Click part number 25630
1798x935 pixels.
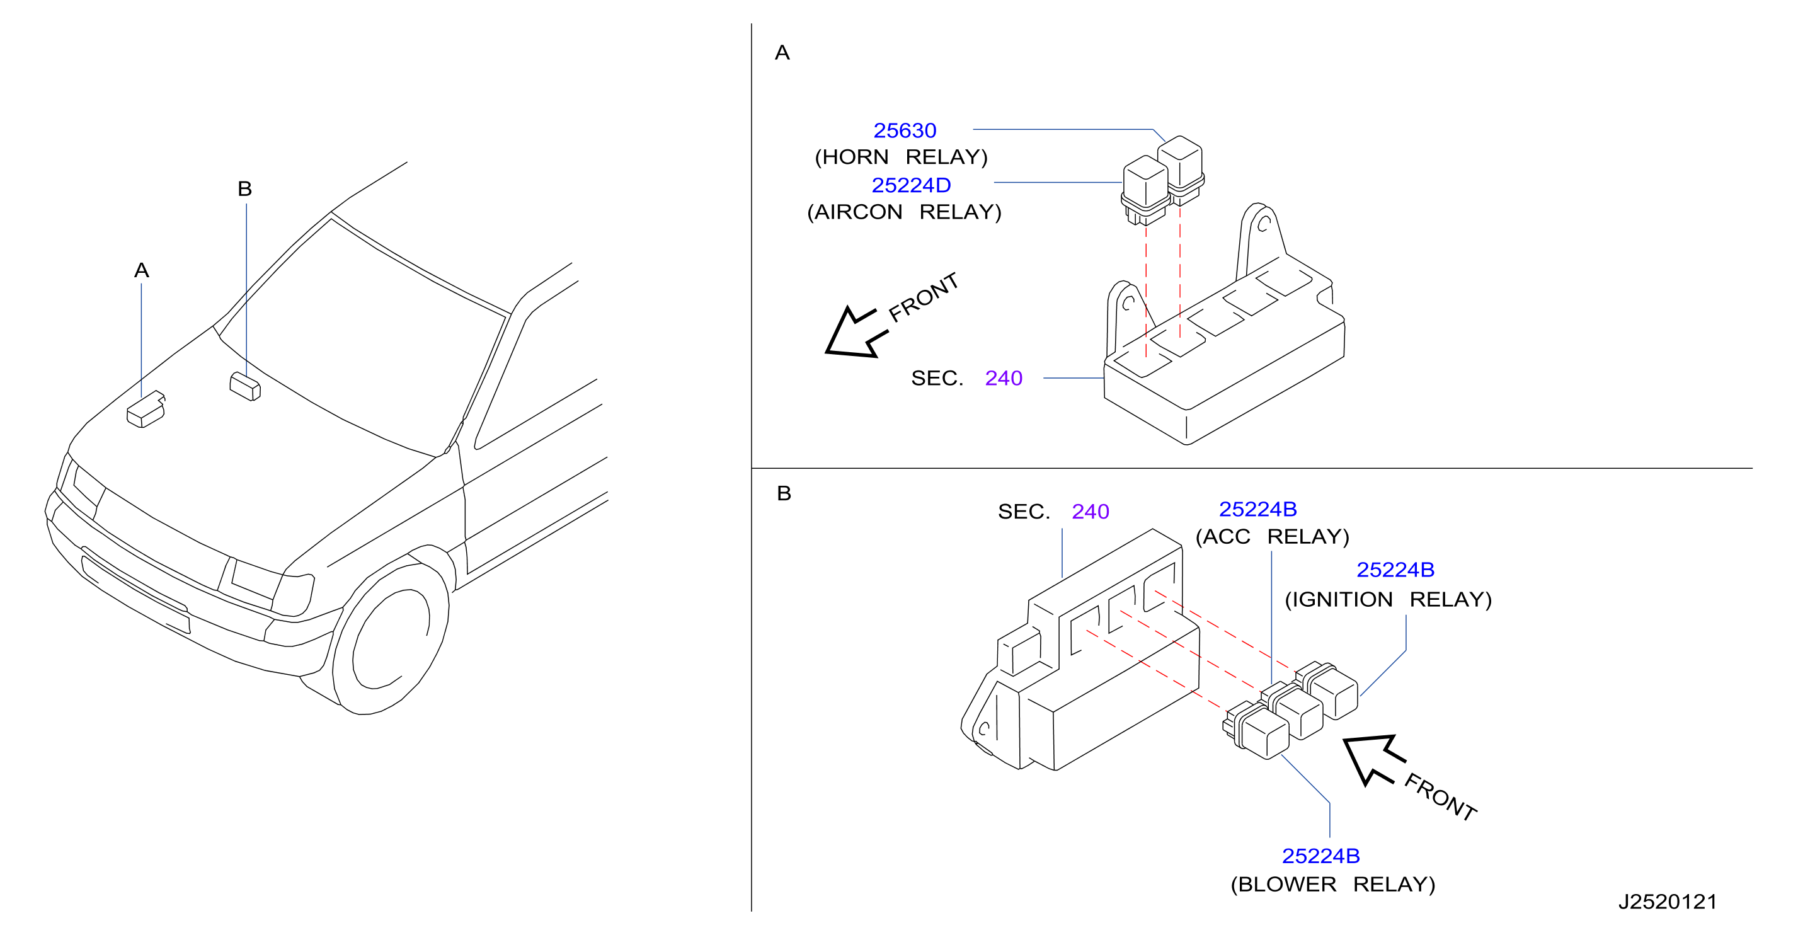tap(905, 130)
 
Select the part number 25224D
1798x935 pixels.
tap(911, 185)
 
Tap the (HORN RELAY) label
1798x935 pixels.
tap(901, 157)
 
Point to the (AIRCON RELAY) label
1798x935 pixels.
tap(904, 212)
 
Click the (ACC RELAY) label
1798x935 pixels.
tap(1273, 536)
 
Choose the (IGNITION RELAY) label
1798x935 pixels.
tap(1389, 599)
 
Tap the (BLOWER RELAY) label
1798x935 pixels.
tap(1333, 884)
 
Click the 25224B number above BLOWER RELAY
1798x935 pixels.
tap(1320, 856)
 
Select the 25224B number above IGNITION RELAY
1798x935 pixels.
tap(1395, 570)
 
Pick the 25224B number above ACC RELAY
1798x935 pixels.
tap(1257, 509)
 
